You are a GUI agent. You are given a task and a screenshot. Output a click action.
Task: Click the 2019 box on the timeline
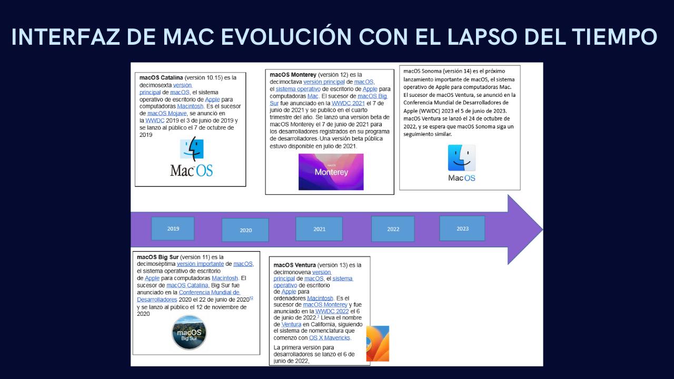[x=173, y=228]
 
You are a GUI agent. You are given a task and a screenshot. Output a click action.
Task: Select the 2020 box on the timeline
[x=245, y=230]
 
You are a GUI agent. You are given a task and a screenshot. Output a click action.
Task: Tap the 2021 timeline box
[x=319, y=229]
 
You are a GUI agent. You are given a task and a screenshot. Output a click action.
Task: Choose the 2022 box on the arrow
[x=393, y=229]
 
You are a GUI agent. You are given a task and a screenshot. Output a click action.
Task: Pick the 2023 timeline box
[x=462, y=228]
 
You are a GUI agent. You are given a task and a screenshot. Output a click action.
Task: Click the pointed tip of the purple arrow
[x=542, y=230]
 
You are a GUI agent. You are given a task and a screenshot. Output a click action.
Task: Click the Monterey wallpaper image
[x=331, y=172]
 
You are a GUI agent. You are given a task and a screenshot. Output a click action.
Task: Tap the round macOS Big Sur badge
[x=189, y=332]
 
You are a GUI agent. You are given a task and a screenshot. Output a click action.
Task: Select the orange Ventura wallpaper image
[x=378, y=344]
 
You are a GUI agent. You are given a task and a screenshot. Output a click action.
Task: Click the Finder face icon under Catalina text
[x=192, y=148]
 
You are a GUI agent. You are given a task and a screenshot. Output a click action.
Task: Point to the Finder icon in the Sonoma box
[x=462, y=158]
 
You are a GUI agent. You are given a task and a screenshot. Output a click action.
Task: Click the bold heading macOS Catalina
[x=161, y=77]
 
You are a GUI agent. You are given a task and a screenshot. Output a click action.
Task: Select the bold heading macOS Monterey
[x=293, y=75]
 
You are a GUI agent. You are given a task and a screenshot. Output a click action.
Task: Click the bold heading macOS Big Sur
[x=157, y=257]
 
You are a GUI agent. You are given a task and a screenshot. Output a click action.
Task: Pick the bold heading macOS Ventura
[x=294, y=265]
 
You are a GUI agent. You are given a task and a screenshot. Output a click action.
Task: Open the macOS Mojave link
[x=167, y=113]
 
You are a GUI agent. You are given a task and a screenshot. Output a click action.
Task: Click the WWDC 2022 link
[x=332, y=311]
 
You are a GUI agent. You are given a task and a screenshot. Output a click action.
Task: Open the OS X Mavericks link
[x=330, y=338]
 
